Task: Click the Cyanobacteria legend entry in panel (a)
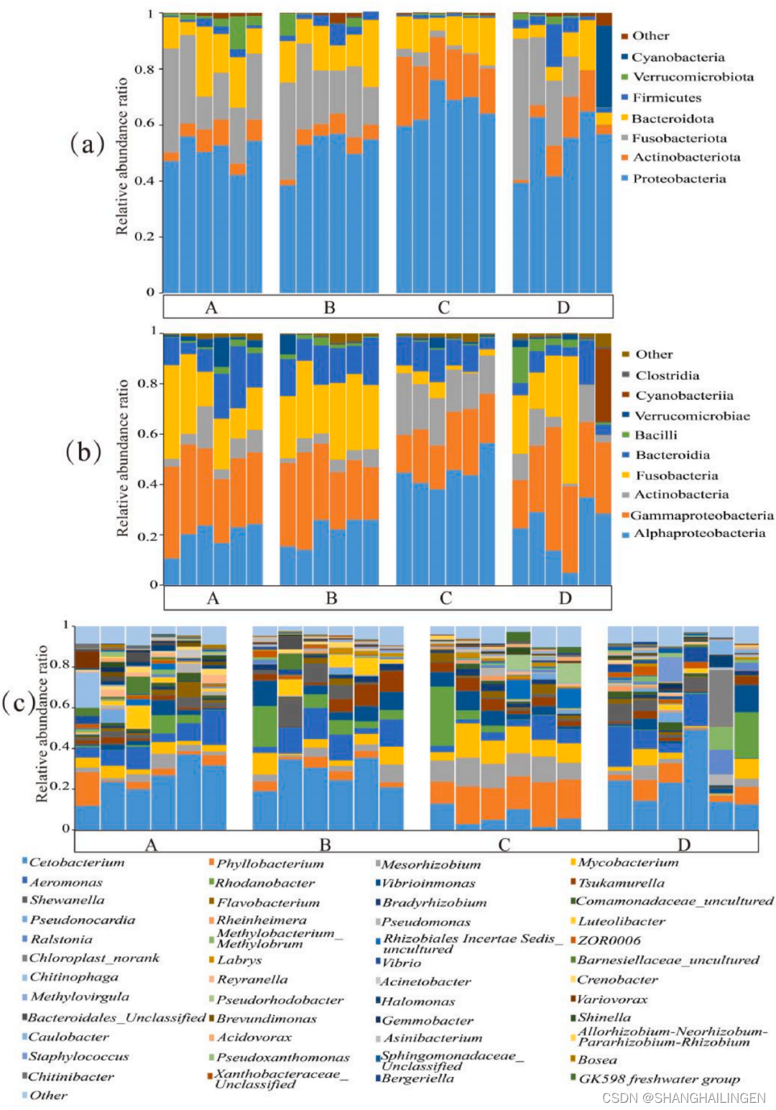(678, 58)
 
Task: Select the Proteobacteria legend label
(679, 179)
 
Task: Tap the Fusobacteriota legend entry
(679, 138)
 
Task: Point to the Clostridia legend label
(667, 375)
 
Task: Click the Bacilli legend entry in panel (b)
(656, 435)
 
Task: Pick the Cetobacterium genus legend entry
(76, 863)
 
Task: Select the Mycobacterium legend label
(628, 863)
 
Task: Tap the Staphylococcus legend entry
(79, 1057)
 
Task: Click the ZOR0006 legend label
(609, 940)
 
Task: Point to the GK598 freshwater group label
(659, 1079)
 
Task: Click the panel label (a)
(88, 145)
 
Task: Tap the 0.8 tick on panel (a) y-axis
(144, 70)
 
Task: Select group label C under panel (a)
(444, 308)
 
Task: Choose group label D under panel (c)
(683, 845)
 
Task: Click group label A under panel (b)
(213, 598)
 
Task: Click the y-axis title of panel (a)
(122, 157)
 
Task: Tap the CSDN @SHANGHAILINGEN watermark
(683, 1098)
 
